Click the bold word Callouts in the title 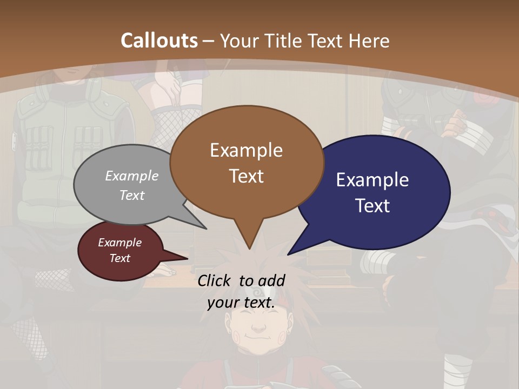pos(159,41)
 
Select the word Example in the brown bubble pos(246,150)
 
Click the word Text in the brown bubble pos(246,176)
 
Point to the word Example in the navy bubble pos(372,180)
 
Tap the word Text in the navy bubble pos(372,206)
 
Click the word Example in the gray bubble pos(131,176)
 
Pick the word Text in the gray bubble pos(131,195)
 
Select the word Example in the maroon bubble pos(119,243)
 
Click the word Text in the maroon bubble pos(119,258)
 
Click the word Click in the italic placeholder pos(216,280)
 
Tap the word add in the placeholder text pos(271,280)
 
